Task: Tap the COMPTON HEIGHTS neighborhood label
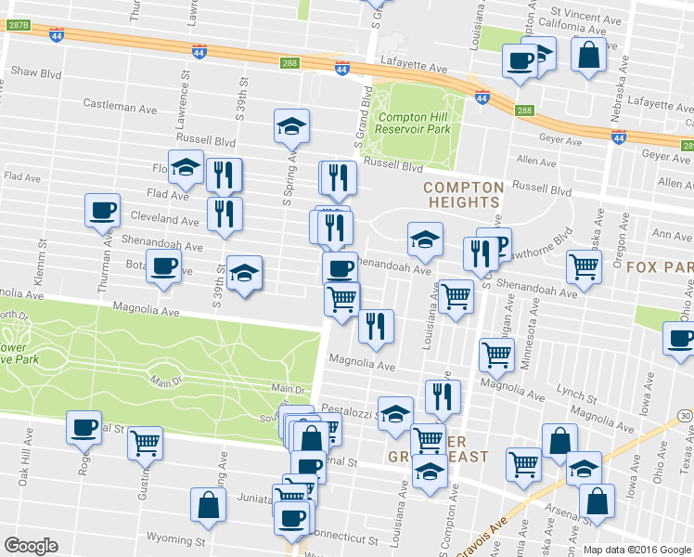tap(463, 194)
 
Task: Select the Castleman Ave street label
tap(120, 108)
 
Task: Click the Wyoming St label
tap(175, 538)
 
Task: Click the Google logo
tap(32, 546)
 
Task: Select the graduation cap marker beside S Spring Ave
tap(291, 125)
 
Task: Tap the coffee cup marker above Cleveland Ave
tap(102, 209)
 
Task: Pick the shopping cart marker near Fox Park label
tap(584, 266)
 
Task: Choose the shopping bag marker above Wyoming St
tap(208, 504)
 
